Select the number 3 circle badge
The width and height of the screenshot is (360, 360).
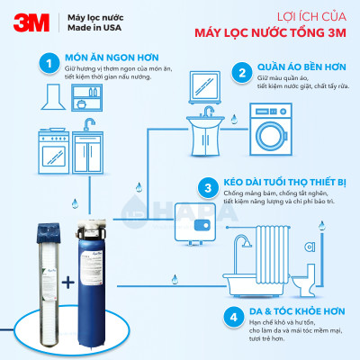click(209, 189)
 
